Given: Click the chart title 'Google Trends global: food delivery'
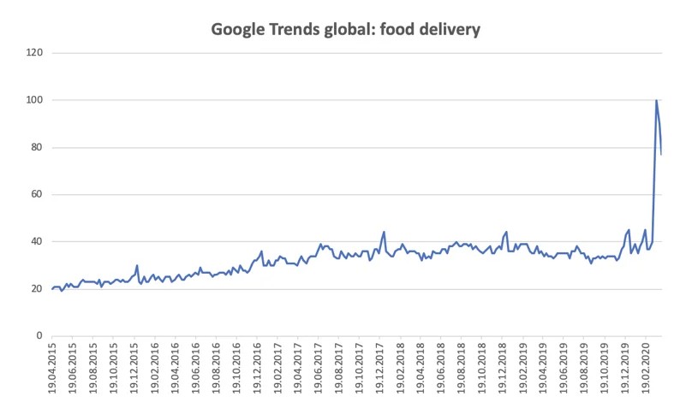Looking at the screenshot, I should tap(346, 30).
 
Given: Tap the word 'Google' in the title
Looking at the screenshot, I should tap(239, 30).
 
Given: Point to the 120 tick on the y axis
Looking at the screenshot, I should tap(36, 53).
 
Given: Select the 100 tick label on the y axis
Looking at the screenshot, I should tap(36, 100).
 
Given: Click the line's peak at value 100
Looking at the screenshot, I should tap(656, 101).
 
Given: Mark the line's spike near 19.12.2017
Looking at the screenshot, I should tap(384, 232).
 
